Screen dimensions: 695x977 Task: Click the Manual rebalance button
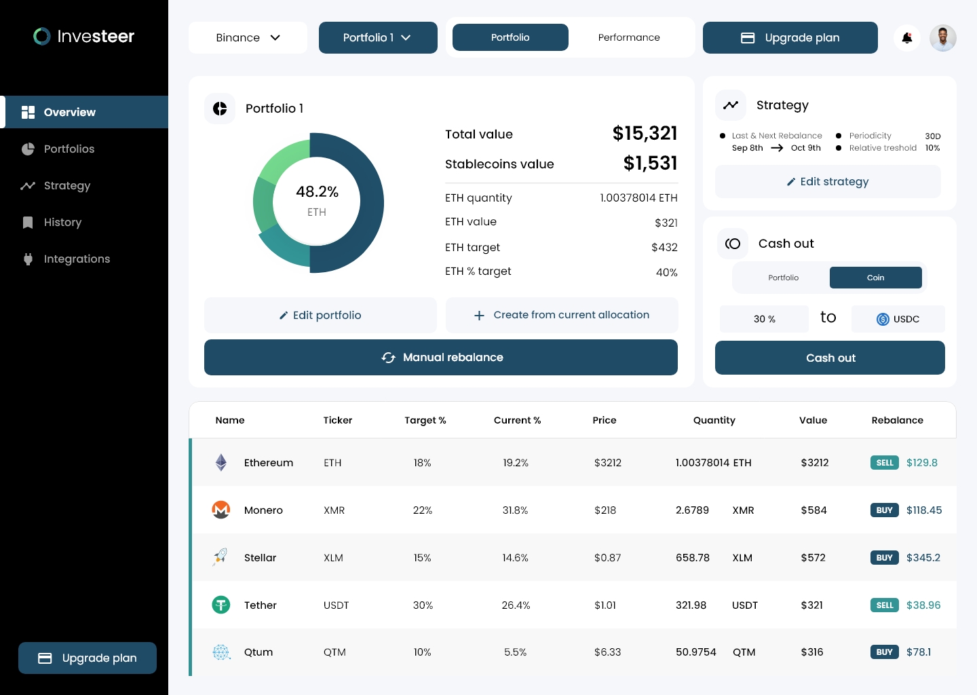pos(441,357)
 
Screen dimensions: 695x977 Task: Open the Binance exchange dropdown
pos(248,37)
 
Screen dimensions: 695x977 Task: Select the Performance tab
pos(629,37)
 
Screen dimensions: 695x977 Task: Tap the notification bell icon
pos(907,38)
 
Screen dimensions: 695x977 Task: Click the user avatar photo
pos(942,38)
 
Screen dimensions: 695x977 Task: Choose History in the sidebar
pos(62,222)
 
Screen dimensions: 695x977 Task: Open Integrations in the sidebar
pos(77,259)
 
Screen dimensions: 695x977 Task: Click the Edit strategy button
pos(828,181)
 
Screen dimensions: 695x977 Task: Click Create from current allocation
pos(562,315)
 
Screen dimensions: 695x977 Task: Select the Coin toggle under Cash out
pos(875,278)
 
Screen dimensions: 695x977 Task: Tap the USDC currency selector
pos(898,319)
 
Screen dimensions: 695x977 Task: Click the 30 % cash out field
pos(764,319)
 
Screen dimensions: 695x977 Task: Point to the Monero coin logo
pos(221,510)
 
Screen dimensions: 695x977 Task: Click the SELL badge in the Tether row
pos(884,605)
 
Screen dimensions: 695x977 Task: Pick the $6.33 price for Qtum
pos(607,652)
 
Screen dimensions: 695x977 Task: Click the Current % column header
pos(517,420)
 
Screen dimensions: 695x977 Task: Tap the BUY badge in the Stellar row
pos(884,557)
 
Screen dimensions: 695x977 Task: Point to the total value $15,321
pos(645,133)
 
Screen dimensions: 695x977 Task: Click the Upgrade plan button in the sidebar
pos(88,658)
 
